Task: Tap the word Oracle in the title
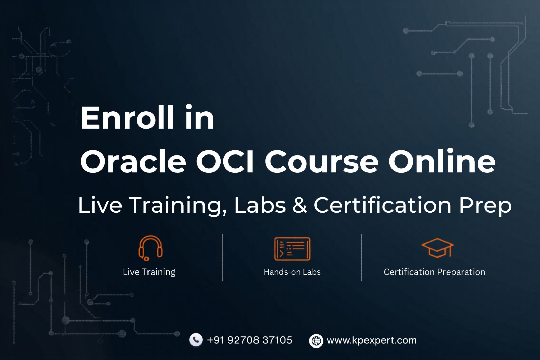(x=133, y=161)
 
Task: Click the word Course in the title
(x=321, y=161)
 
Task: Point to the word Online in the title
(x=442, y=161)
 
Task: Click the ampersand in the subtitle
(x=300, y=205)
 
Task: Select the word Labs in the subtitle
(x=260, y=205)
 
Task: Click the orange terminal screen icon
(x=292, y=249)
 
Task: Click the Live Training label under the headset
(x=149, y=272)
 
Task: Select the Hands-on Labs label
(x=292, y=272)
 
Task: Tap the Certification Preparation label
(x=434, y=272)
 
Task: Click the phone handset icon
(x=196, y=340)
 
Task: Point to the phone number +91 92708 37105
(x=249, y=340)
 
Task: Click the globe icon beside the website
(x=316, y=341)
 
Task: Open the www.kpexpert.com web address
(x=372, y=340)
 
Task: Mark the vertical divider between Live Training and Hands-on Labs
(x=223, y=257)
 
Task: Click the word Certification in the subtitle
(x=382, y=205)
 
